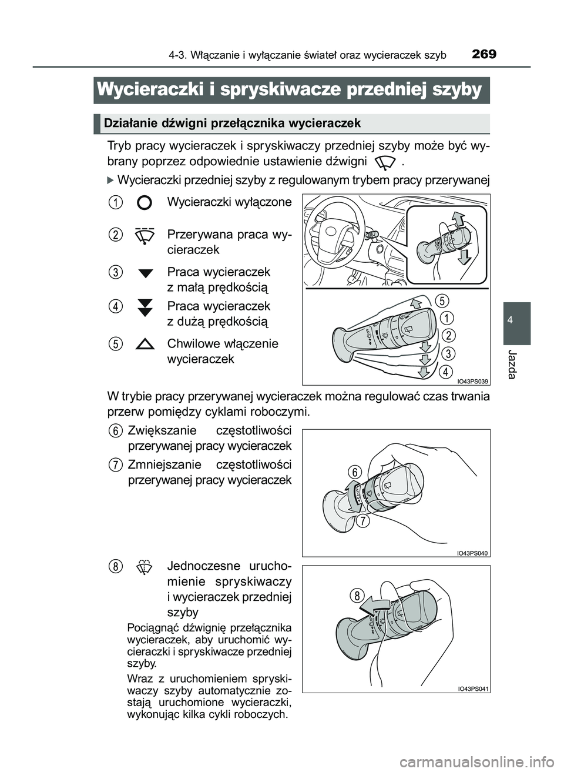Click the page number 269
click(484, 54)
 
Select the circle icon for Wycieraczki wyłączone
click(144, 203)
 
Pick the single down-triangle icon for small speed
click(145, 273)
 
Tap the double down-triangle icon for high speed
click(145, 307)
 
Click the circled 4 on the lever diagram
click(447, 372)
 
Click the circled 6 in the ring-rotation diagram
click(353, 472)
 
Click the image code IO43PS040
click(473, 553)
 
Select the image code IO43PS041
click(473, 689)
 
